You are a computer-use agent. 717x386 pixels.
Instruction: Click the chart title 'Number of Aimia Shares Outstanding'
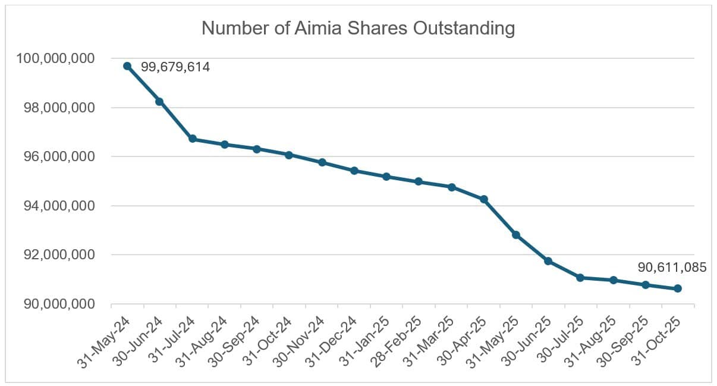[358, 28]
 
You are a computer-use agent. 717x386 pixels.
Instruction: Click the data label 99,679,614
[175, 67]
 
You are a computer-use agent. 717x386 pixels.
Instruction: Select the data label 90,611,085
[672, 268]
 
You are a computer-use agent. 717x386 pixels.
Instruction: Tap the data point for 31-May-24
[127, 66]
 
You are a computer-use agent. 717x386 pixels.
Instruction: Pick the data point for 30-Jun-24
[159, 102]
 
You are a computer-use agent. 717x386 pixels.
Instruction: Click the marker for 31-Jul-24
[192, 139]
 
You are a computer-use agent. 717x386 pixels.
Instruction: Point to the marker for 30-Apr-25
[484, 199]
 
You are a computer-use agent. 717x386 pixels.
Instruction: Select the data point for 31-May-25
[516, 235]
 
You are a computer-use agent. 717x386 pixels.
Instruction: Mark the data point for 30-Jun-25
[548, 261]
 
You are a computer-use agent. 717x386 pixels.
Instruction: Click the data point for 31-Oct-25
[678, 288]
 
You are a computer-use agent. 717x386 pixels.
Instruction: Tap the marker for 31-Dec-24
[354, 171]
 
